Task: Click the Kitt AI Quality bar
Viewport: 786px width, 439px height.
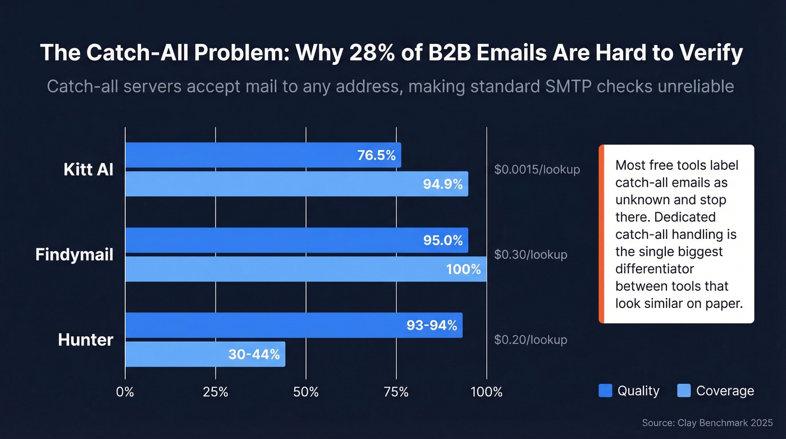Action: point(263,155)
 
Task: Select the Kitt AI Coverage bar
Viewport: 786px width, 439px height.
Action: point(296,184)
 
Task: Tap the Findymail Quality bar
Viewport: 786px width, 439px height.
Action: point(296,240)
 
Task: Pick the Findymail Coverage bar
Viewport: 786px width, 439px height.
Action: point(305,269)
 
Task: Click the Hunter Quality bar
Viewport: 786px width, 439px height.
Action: point(294,325)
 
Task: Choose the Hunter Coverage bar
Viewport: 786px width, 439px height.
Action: point(205,354)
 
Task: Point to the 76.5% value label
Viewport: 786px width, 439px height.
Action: point(376,155)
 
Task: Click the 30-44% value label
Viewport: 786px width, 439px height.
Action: point(254,354)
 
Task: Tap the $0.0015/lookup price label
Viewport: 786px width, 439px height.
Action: point(537,169)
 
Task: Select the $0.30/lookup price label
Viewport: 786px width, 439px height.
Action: point(531,255)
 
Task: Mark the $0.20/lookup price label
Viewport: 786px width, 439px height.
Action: point(531,340)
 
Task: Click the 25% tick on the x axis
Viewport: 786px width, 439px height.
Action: point(216,392)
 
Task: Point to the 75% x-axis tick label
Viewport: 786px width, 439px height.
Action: point(396,392)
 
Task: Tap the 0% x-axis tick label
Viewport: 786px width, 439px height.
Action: point(125,392)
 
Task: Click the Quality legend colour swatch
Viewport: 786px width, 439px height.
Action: point(605,391)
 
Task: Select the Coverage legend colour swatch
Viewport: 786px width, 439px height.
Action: point(684,391)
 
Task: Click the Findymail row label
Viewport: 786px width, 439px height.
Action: point(74,255)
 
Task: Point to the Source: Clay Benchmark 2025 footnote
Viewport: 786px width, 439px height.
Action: point(707,422)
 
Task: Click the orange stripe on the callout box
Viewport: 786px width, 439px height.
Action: point(601,234)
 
